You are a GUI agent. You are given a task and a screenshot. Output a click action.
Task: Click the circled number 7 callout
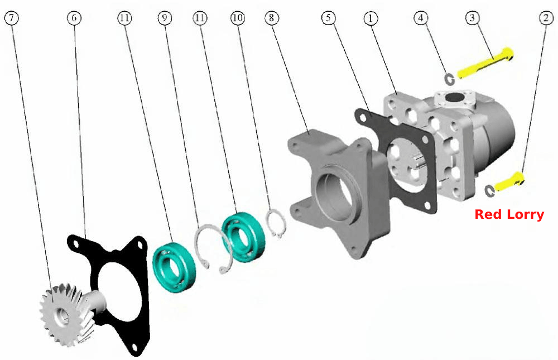[11, 18]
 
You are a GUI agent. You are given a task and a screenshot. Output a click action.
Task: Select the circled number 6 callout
[74, 18]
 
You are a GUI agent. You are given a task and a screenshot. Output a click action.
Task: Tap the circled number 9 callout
[165, 18]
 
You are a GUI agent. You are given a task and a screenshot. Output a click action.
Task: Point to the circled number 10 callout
[238, 18]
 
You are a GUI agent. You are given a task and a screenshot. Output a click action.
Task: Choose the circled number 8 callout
[272, 18]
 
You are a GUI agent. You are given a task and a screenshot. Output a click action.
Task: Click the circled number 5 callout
[329, 18]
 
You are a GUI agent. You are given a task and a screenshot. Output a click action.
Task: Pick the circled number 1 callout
[371, 18]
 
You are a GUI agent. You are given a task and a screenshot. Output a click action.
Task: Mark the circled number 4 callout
[421, 18]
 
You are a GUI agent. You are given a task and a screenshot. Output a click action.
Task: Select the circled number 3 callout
[472, 18]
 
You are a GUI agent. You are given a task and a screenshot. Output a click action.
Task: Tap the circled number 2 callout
[546, 18]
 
